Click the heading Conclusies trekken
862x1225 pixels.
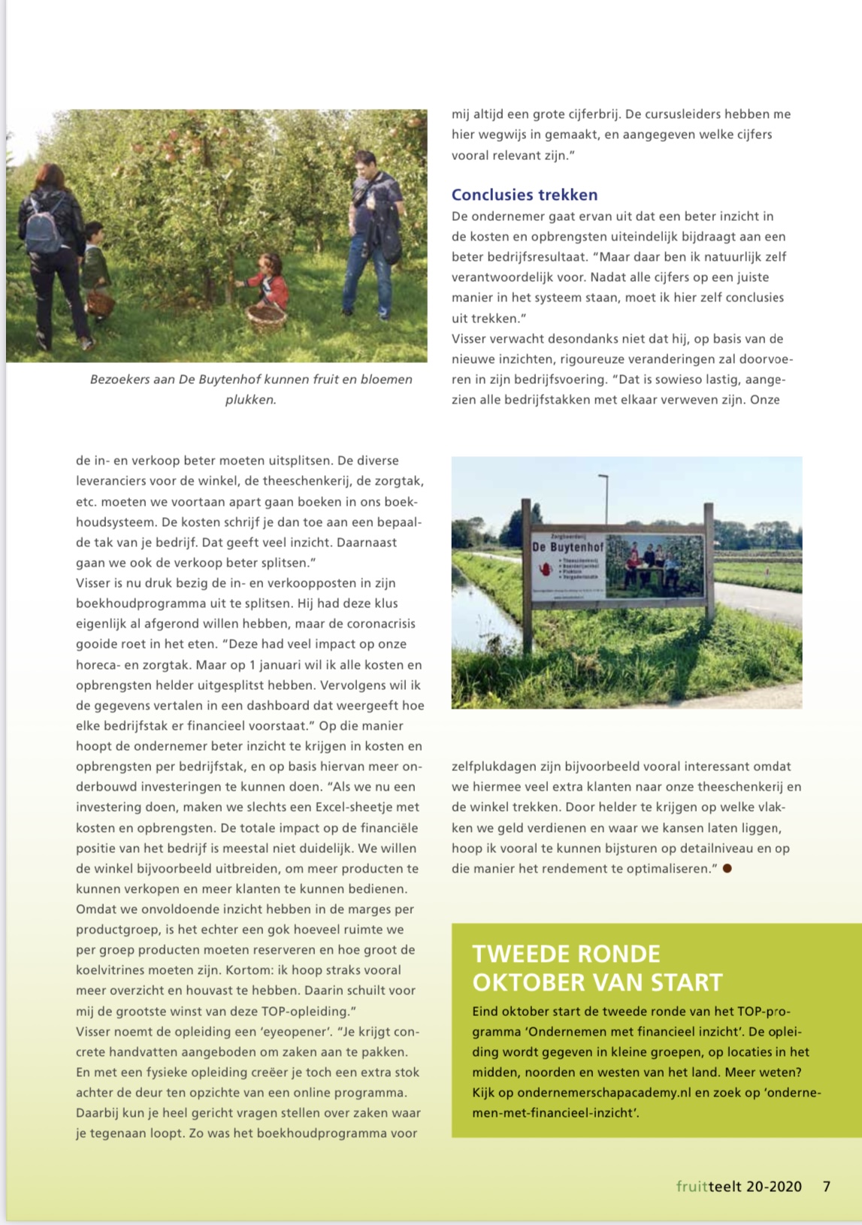[525, 195]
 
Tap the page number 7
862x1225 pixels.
[827, 1187]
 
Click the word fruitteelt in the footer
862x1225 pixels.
[708, 1187]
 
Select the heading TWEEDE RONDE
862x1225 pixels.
[566, 954]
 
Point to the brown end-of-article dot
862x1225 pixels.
[727, 869]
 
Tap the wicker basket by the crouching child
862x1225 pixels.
[267, 316]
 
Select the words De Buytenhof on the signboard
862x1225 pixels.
[567, 547]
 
